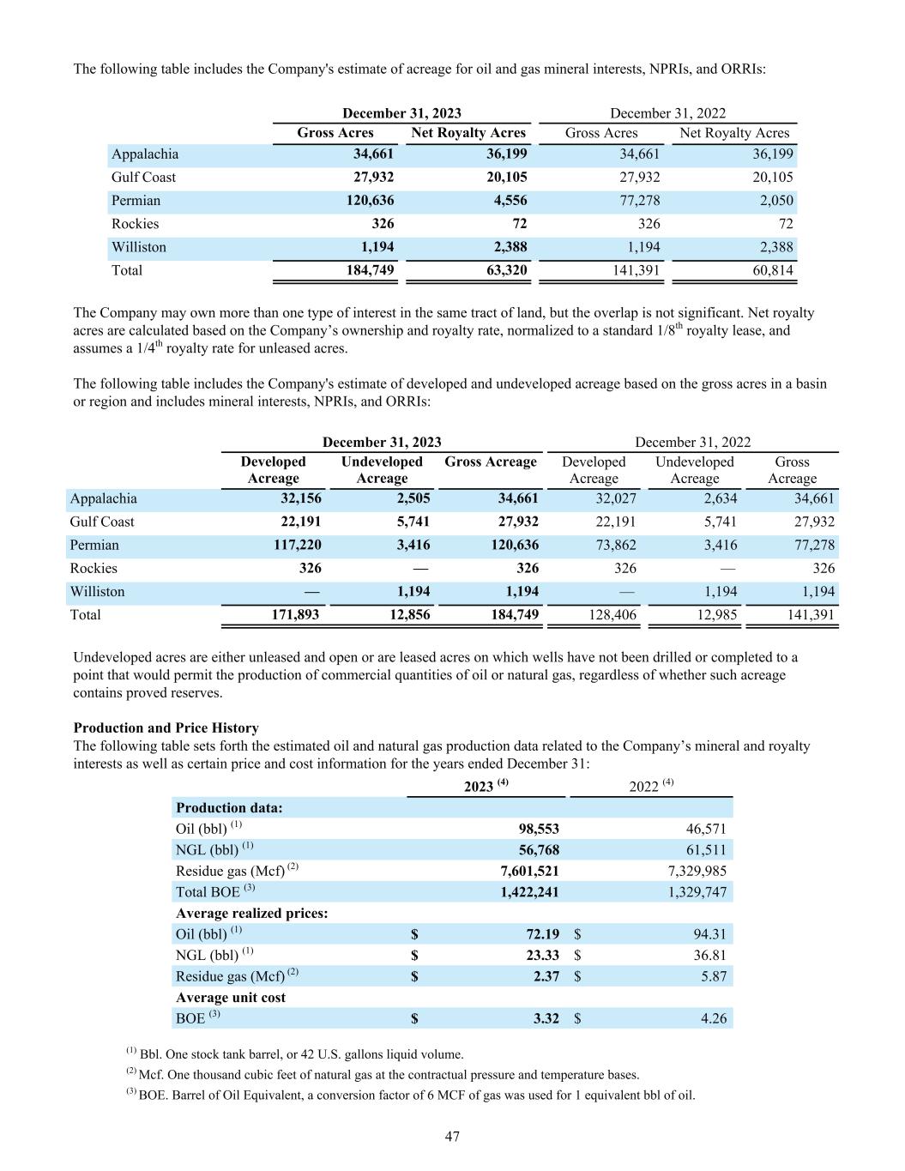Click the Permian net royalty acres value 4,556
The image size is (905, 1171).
coord(507,201)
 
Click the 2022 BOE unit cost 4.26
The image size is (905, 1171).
coord(713,1018)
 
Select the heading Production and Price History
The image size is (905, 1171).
coord(166,728)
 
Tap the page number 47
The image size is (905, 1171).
coord(452,1137)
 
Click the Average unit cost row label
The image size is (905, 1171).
coord(231,997)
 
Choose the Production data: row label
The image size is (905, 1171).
coord(229,807)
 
